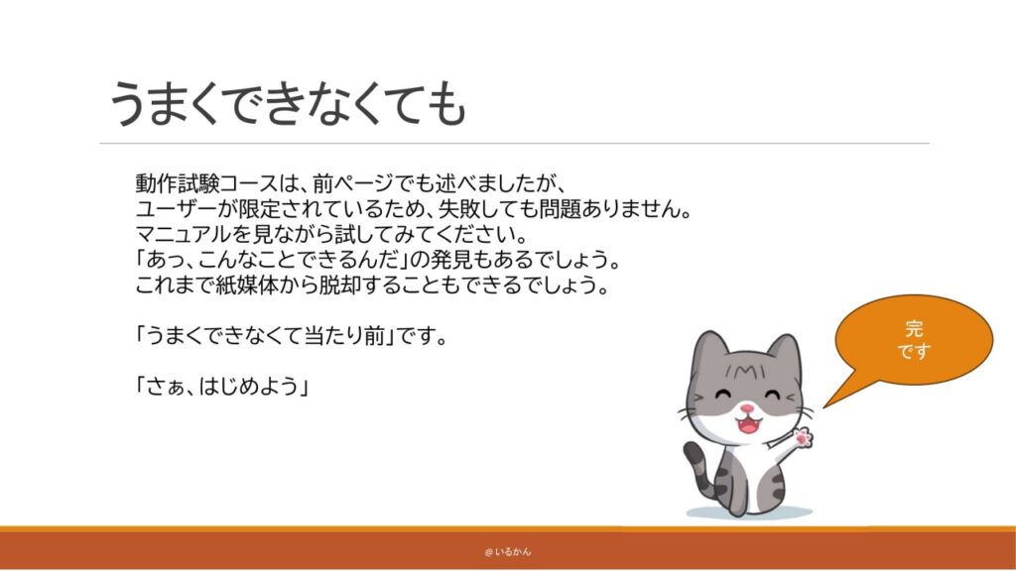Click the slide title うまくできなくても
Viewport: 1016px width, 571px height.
pyautogui.click(x=288, y=103)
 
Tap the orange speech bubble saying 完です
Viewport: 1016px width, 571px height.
pyautogui.click(x=914, y=341)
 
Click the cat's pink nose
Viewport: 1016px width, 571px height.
pyautogui.click(x=747, y=408)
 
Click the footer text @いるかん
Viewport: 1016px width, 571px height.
pyautogui.click(x=507, y=551)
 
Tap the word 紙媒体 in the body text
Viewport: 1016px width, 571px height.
pyautogui.click(x=246, y=285)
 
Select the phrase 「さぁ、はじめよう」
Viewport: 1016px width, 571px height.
pyautogui.click(x=221, y=387)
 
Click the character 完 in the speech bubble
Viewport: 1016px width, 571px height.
pyautogui.click(x=914, y=329)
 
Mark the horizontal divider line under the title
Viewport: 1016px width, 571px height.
pyautogui.click(x=515, y=143)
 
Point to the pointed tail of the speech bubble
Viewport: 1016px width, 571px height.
pyautogui.click(x=825, y=406)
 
